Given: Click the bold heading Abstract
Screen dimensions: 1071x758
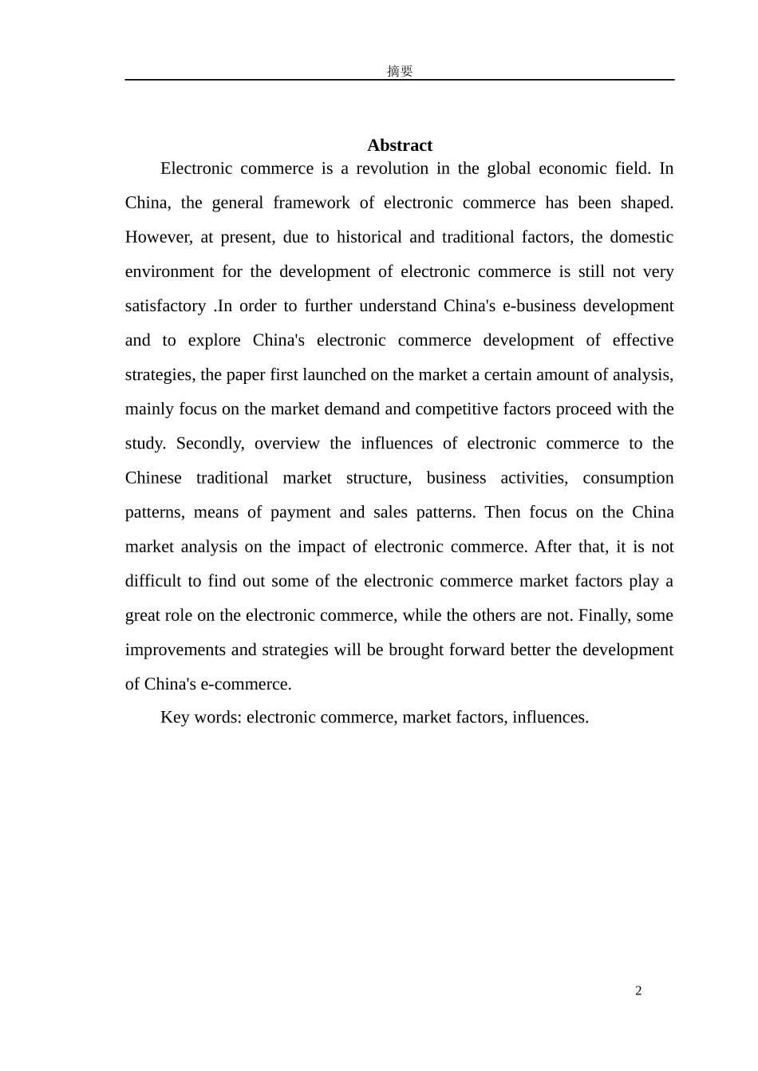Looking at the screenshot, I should click(399, 145).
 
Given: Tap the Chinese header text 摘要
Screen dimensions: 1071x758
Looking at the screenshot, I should click(400, 71).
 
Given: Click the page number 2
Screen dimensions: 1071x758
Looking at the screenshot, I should click(638, 991).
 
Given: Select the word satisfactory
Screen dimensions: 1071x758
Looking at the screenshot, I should click(165, 306).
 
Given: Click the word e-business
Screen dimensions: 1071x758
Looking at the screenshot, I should click(539, 306).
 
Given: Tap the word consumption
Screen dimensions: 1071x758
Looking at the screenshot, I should click(628, 478).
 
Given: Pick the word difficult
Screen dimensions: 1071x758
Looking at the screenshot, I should click(154, 581).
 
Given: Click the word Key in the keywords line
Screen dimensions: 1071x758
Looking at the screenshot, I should click(175, 717).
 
